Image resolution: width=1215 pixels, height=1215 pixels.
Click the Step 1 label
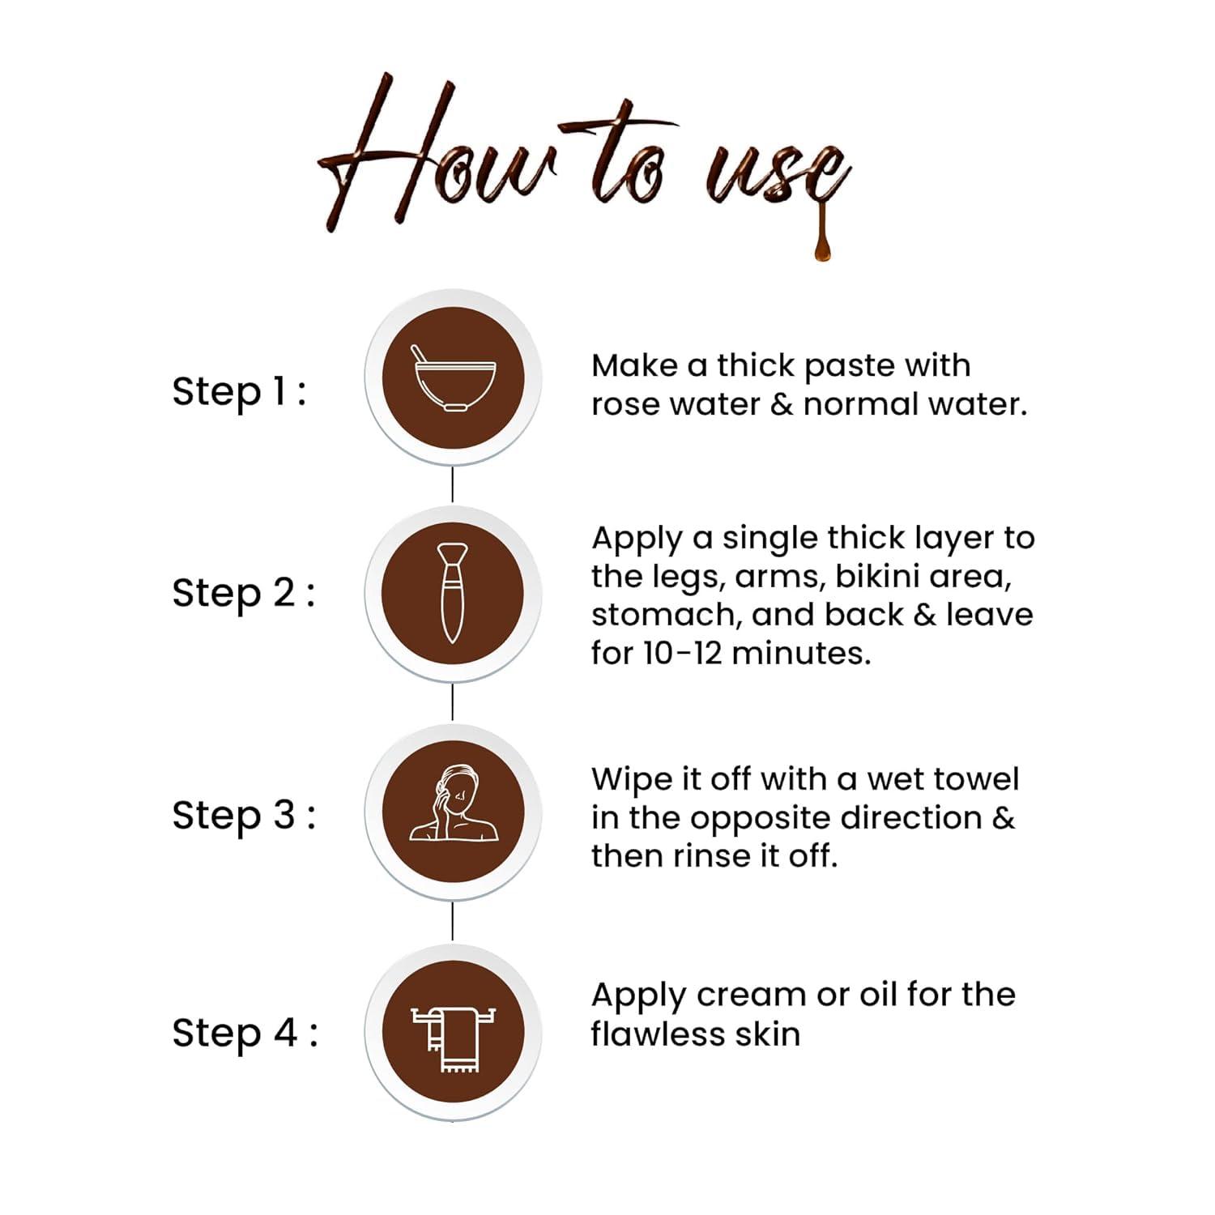click(x=239, y=392)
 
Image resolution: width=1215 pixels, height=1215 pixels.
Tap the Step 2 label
click(x=243, y=593)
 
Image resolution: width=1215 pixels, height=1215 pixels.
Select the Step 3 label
click(x=243, y=815)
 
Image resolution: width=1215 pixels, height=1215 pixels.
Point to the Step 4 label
click(x=245, y=1034)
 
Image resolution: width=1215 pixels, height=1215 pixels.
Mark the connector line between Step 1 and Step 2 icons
click(x=452, y=484)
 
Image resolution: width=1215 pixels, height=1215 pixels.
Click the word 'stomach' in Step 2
click(x=664, y=615)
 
